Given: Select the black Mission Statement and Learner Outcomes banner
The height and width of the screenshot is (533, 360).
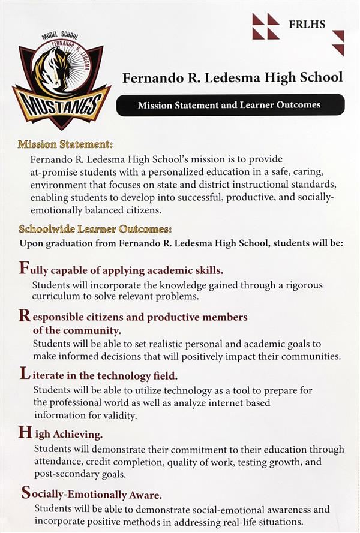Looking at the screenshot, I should [230, 105].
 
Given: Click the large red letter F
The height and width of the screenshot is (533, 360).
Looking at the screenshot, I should [24, 268].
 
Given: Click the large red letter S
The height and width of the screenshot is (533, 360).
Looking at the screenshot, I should [26, 493].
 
